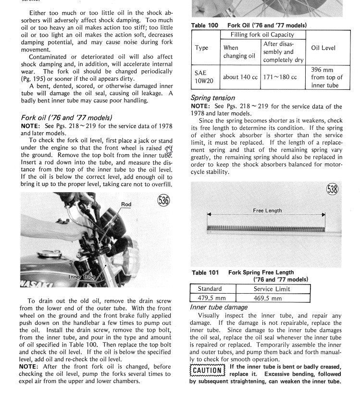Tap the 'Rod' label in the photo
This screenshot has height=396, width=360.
[x=126, y=204]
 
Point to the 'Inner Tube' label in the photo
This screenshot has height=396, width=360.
[x=82, y=277]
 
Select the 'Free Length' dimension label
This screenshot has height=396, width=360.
[x=267, y=210]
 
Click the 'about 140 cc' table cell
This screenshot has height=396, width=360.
[x=240, y=77]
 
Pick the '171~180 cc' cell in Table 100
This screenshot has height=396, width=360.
[x=283, y=77]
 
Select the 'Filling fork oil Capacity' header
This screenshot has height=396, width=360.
[x=263, y=35]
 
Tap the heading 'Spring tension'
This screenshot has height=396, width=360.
[x=213, y=98]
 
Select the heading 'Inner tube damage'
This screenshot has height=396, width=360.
[x=219, y=307]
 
